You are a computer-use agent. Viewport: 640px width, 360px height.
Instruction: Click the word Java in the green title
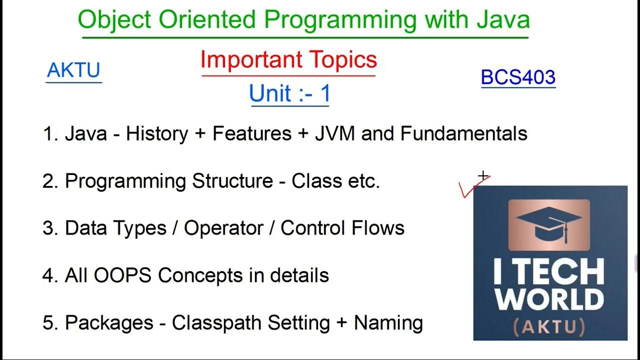click(x=503, y=19)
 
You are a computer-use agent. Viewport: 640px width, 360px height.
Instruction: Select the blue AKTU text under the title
click(x=73, y=70)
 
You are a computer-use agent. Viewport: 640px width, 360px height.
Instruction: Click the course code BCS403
click(x=518, y=77)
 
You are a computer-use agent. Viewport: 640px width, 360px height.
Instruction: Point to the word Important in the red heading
click(x=251, y=60)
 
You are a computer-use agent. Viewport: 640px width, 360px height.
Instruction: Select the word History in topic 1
click(x=157, y=134)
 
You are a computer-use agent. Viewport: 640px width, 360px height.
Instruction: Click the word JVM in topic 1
click(x=335, y=133)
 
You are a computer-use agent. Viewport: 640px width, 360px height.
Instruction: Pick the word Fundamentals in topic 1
click(x=463, y=133)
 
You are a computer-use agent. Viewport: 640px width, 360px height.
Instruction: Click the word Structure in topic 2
click(x=232, y=180)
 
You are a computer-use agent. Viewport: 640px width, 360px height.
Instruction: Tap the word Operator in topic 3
click(x=223, y=228)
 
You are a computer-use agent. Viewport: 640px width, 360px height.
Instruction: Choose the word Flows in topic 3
click(x=377, y=227)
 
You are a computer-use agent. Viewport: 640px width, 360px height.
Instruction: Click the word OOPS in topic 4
click(x=122, y=275)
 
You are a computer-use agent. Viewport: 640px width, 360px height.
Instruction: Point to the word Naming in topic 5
click(x=388, y=323)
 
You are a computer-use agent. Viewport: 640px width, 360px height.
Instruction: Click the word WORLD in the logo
click(x=549, y=299)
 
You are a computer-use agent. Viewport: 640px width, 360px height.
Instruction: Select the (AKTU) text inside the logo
click(x=549, y=327)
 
